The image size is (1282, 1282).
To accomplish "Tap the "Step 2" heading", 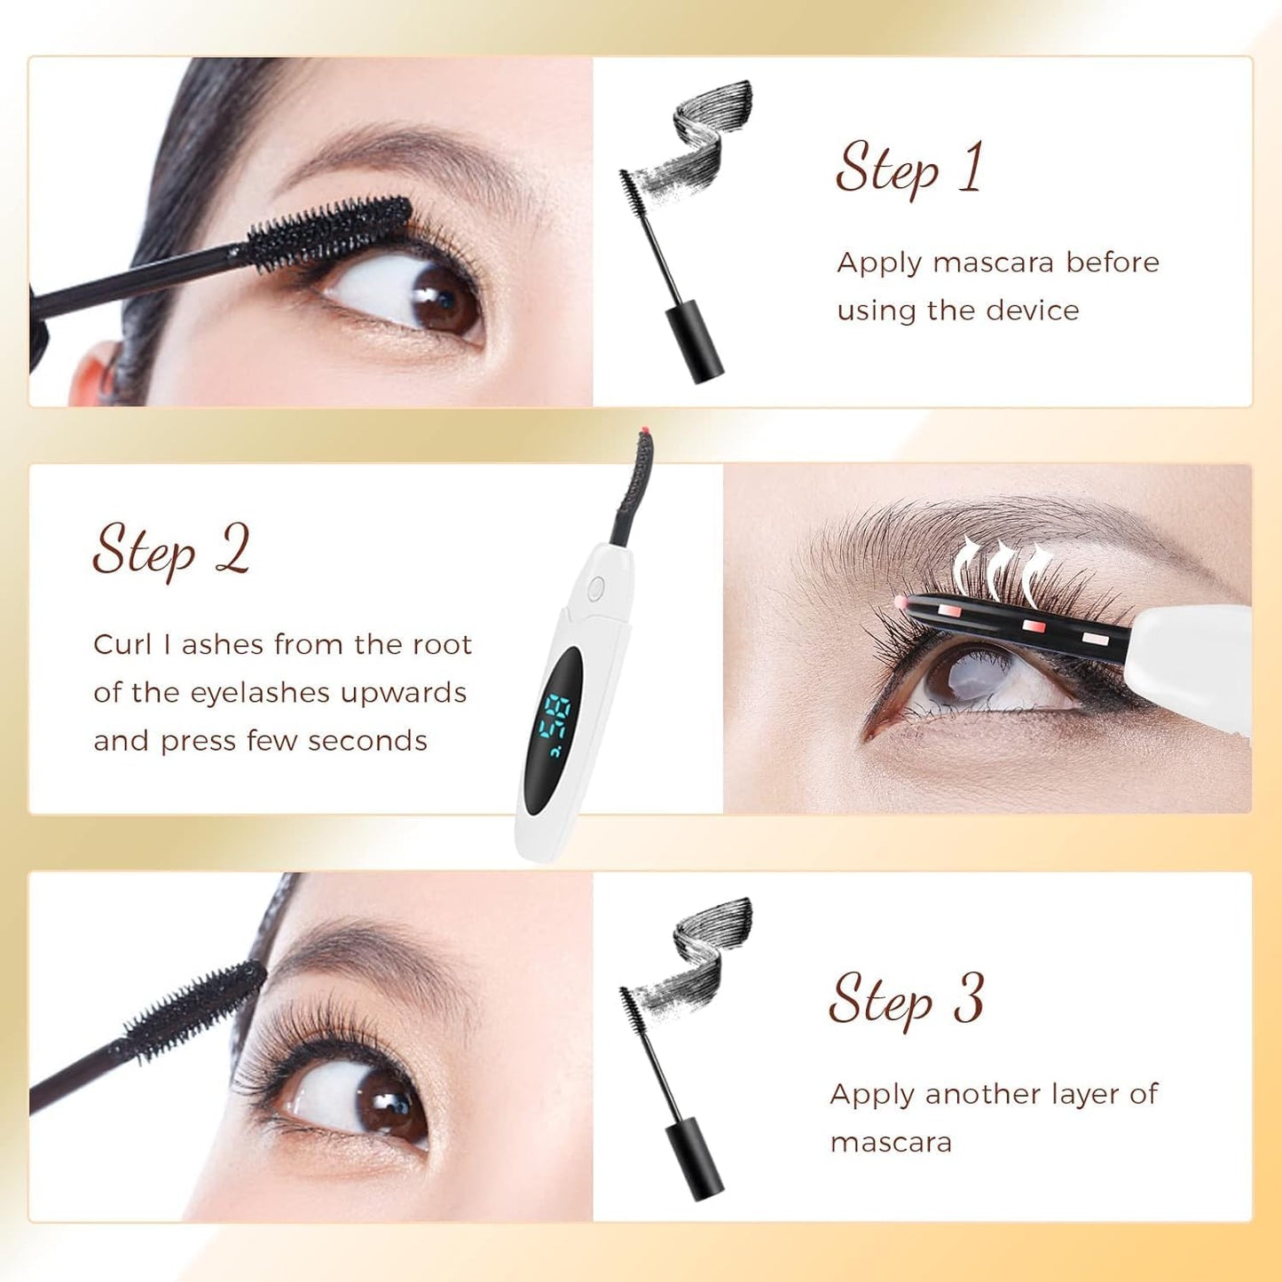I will click(171, 550).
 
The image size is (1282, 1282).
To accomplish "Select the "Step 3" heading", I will click(906, 999).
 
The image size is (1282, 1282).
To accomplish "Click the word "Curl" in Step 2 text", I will click(122, 644).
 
